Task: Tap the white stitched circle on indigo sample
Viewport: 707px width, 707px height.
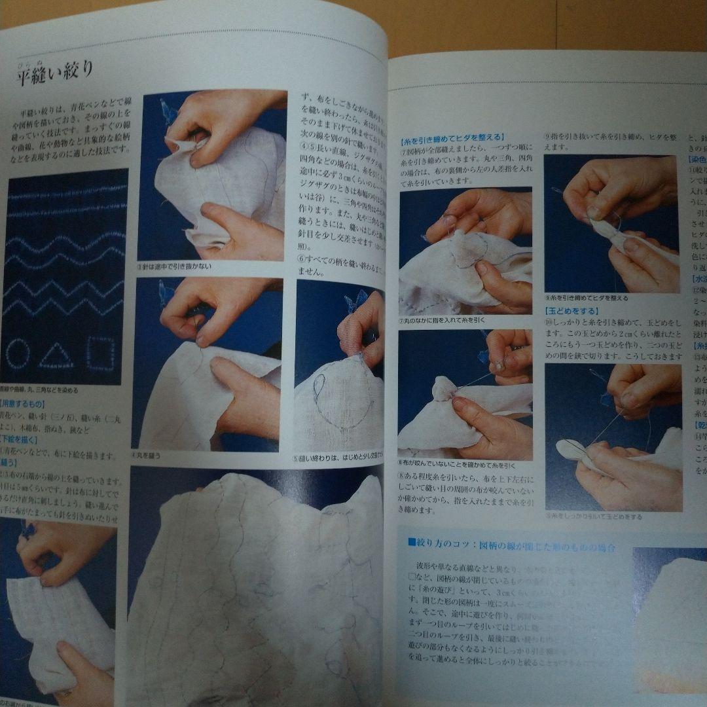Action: tap(18, 354)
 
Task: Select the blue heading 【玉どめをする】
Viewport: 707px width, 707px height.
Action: tap(570, 312)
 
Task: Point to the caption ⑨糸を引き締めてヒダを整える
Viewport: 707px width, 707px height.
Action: tap(587, 298)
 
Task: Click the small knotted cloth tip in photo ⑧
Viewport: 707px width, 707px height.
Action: tap(444, 388)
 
